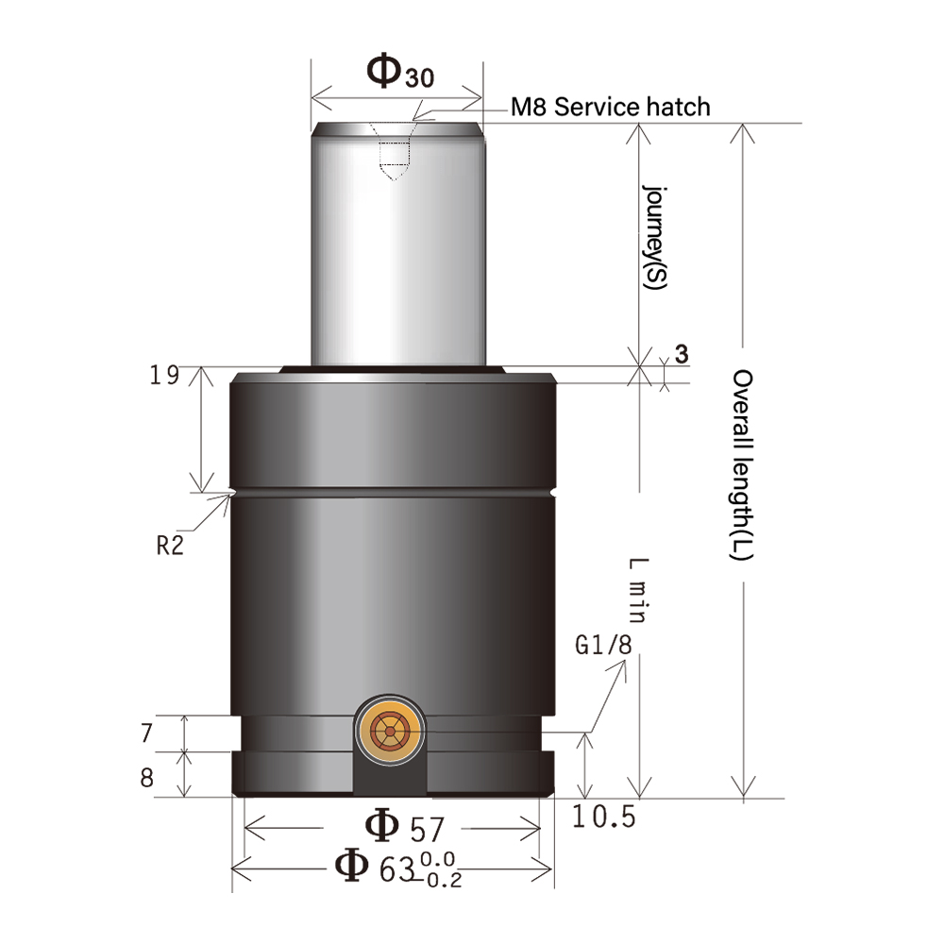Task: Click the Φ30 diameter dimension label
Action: click(x=398, y=73)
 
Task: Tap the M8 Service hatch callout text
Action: click(x=610, y=107)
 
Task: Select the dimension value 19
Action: click(x=164, y=376)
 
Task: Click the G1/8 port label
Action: click(x=602, y=647)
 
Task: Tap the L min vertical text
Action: click(x=636, y=590)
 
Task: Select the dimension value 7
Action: click(x=145, y=733)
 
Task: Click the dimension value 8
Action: click(x=145, y=777)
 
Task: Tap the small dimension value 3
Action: click(x=681, y=354)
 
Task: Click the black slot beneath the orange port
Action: click(x=390, y=779)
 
